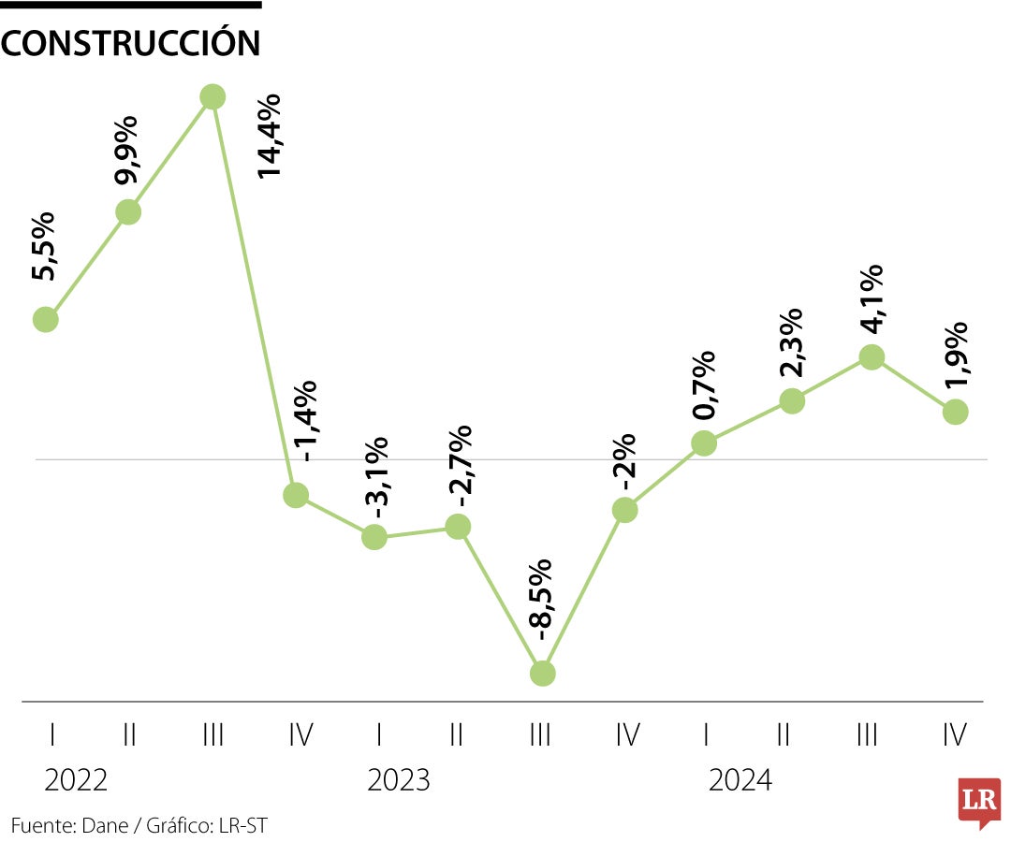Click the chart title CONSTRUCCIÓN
click(131, 43)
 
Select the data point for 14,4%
click(213, 96)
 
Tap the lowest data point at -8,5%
click(543, 673)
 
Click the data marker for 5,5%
click(46, 319)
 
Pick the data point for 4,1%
click(872, 356)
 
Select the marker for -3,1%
click(374, 537)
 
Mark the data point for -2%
click(625, 510)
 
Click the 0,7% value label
click(704, 386)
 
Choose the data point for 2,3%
click(792, 400)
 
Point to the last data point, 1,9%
click(955, 412)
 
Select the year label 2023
click(399, 779)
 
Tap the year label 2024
click(740, 779)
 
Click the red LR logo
click(979, 801)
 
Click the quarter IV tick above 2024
click(955, 735)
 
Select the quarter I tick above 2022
click(51, 735)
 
